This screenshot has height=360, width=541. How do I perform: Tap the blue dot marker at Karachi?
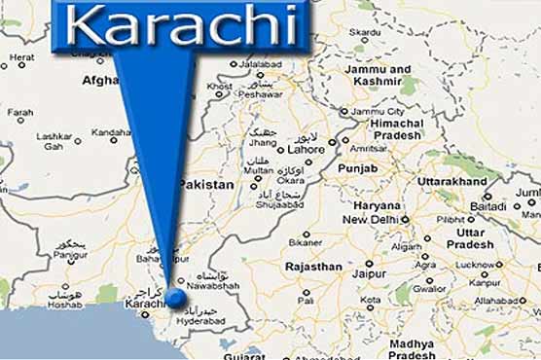click(x=176, y=298)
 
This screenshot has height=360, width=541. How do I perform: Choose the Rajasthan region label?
click(x=313, y=266)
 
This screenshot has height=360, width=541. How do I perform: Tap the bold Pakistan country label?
click(x=206, y=184)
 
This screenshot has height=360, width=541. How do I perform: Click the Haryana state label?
click(x=377, y=205)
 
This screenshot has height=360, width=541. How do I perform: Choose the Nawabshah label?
click(x=211, y=289)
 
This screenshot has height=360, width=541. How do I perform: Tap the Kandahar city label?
click(x=111, y=132)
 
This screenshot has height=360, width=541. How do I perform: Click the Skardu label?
click(x=366, y=32)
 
